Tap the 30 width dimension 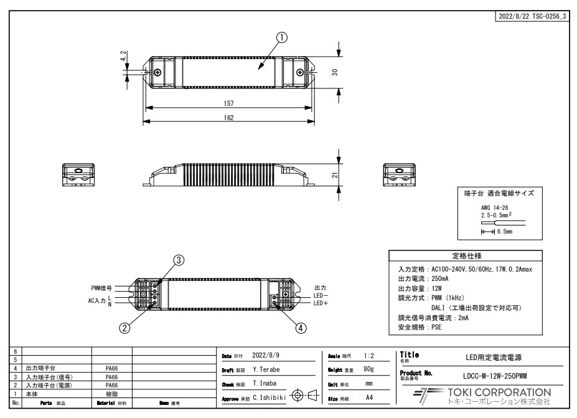tap(334, 72)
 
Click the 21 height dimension tap(334, 176)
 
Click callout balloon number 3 tap(178, 260)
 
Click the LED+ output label tap(321, 303)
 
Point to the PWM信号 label tap(101, 288)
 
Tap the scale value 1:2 tap(368, 356)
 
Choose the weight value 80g tap(368, 369)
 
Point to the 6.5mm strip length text tap(505, 231)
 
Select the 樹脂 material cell tap(112, 394)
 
